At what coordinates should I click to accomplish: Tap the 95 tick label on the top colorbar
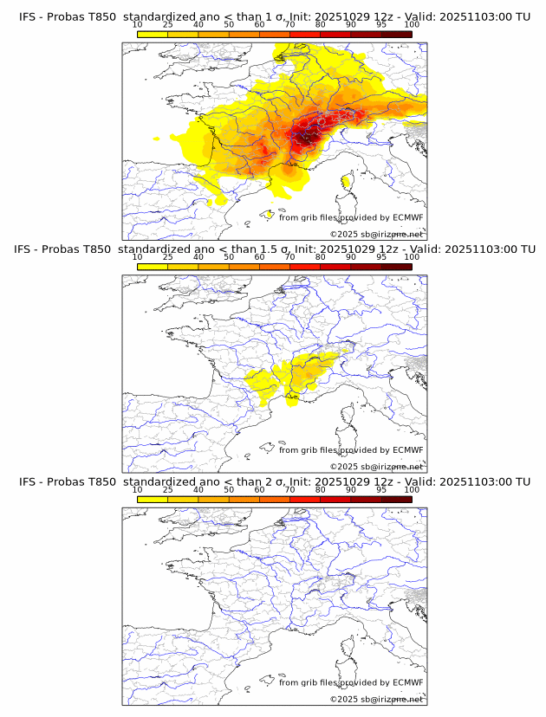coord(381,25)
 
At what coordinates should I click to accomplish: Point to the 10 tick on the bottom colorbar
coord(137,489)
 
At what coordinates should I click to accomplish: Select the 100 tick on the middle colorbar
coord(412,257)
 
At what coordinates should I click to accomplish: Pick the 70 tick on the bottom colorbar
coord(289,489)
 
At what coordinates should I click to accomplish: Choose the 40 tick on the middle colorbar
coord(198,257)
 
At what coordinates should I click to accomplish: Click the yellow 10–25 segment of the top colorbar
coord(153,34)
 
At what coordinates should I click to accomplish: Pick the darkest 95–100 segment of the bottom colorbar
coord(396,499)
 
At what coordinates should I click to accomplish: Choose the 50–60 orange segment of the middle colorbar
coord(244,267)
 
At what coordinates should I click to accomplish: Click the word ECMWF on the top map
coord(408,218)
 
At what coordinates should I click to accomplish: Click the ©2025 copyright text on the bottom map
coord(343,699)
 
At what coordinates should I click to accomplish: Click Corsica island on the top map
coord(348,182)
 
